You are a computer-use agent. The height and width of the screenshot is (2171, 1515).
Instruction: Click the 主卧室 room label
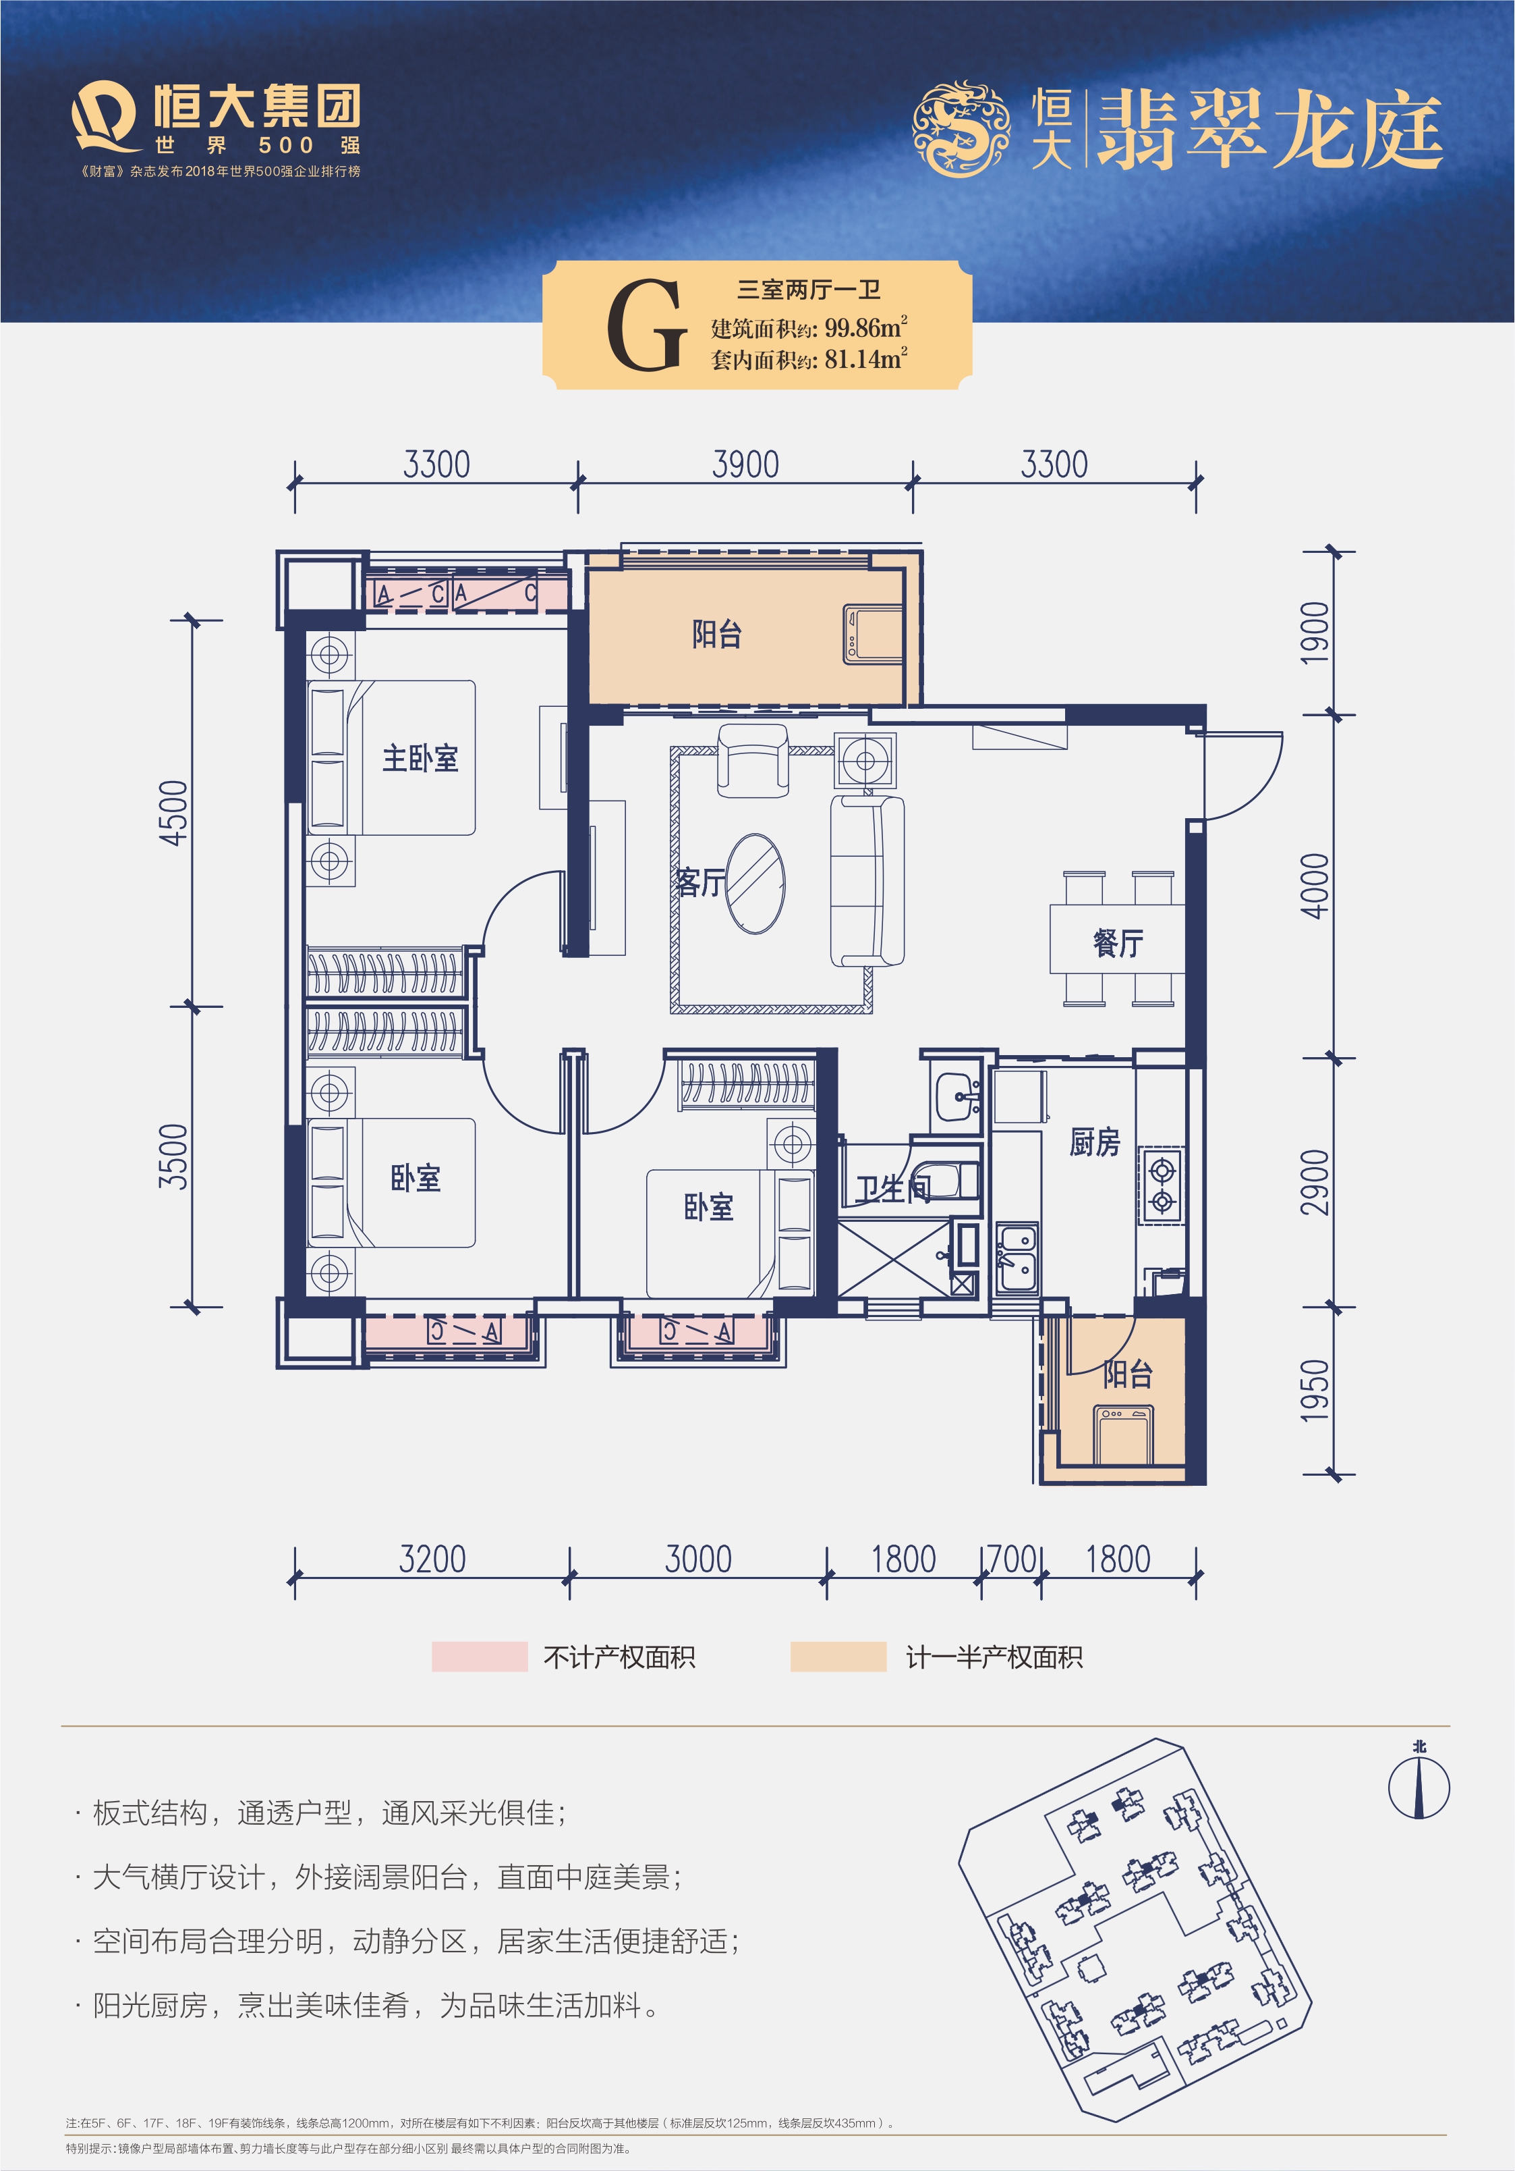point(420,757)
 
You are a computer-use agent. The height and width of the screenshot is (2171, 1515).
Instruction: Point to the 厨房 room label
point(1095,1142)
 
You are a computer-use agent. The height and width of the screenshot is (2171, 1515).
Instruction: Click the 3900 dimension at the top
point(745,464)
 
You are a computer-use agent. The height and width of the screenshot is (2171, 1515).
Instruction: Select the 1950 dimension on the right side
point(1315,1390)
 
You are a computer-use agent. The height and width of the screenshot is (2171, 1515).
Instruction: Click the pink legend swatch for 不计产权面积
point(479,1656)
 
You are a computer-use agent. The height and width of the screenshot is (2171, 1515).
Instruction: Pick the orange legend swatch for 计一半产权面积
point(837,1656)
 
